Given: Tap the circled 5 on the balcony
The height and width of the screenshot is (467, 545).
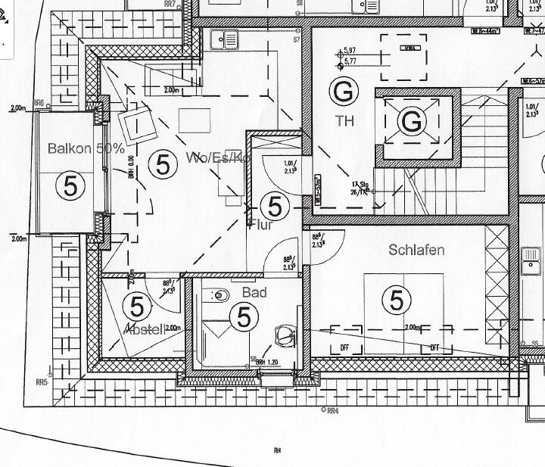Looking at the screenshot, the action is [70, 185].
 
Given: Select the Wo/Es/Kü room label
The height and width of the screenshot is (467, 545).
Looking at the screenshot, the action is [218, 157].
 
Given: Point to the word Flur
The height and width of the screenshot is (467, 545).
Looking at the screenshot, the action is [259, 223].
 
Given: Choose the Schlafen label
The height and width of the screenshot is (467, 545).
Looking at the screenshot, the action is [417, 250].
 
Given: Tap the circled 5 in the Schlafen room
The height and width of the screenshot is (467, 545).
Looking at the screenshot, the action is [397, 300].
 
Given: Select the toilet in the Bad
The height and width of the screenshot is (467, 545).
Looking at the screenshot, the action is [285, 334].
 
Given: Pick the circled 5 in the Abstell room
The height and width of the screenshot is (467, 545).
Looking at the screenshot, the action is [137, 307].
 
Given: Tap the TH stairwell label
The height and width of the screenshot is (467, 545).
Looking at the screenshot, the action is [344, 120].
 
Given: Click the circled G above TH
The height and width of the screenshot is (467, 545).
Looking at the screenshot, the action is [342, 92].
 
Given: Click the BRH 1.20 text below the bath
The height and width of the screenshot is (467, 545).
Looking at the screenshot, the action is [269, 362].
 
